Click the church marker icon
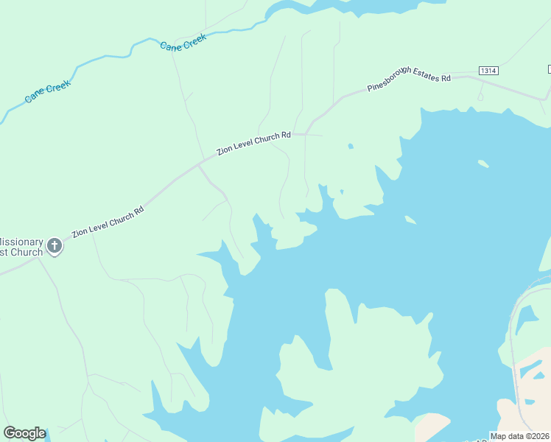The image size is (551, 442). click(55, 246)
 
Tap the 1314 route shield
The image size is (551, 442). click(488, 71)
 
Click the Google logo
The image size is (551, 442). click(24, 433)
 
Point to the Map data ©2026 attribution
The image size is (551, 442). click(520, 436)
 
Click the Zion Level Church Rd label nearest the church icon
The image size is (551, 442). click(108, 222)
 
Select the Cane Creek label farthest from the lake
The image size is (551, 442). click(48, 92)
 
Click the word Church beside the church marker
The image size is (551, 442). click(27, 253)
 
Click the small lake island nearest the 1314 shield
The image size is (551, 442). click(483, 164)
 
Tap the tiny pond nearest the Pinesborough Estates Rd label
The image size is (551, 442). click(350, 146)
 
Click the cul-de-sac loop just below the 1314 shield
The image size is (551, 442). click(481, 96)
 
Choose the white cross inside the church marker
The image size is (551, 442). click(55, 245)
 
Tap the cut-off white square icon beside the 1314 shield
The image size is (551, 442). click(549, 69)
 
